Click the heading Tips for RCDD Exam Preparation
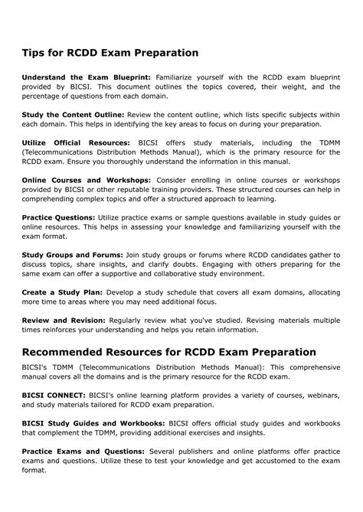(x=110, y=53)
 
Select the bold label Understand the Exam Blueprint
(x=87, y=77)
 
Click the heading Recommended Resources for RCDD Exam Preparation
(x=169, y=352)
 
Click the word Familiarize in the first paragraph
(x=181, y=77)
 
